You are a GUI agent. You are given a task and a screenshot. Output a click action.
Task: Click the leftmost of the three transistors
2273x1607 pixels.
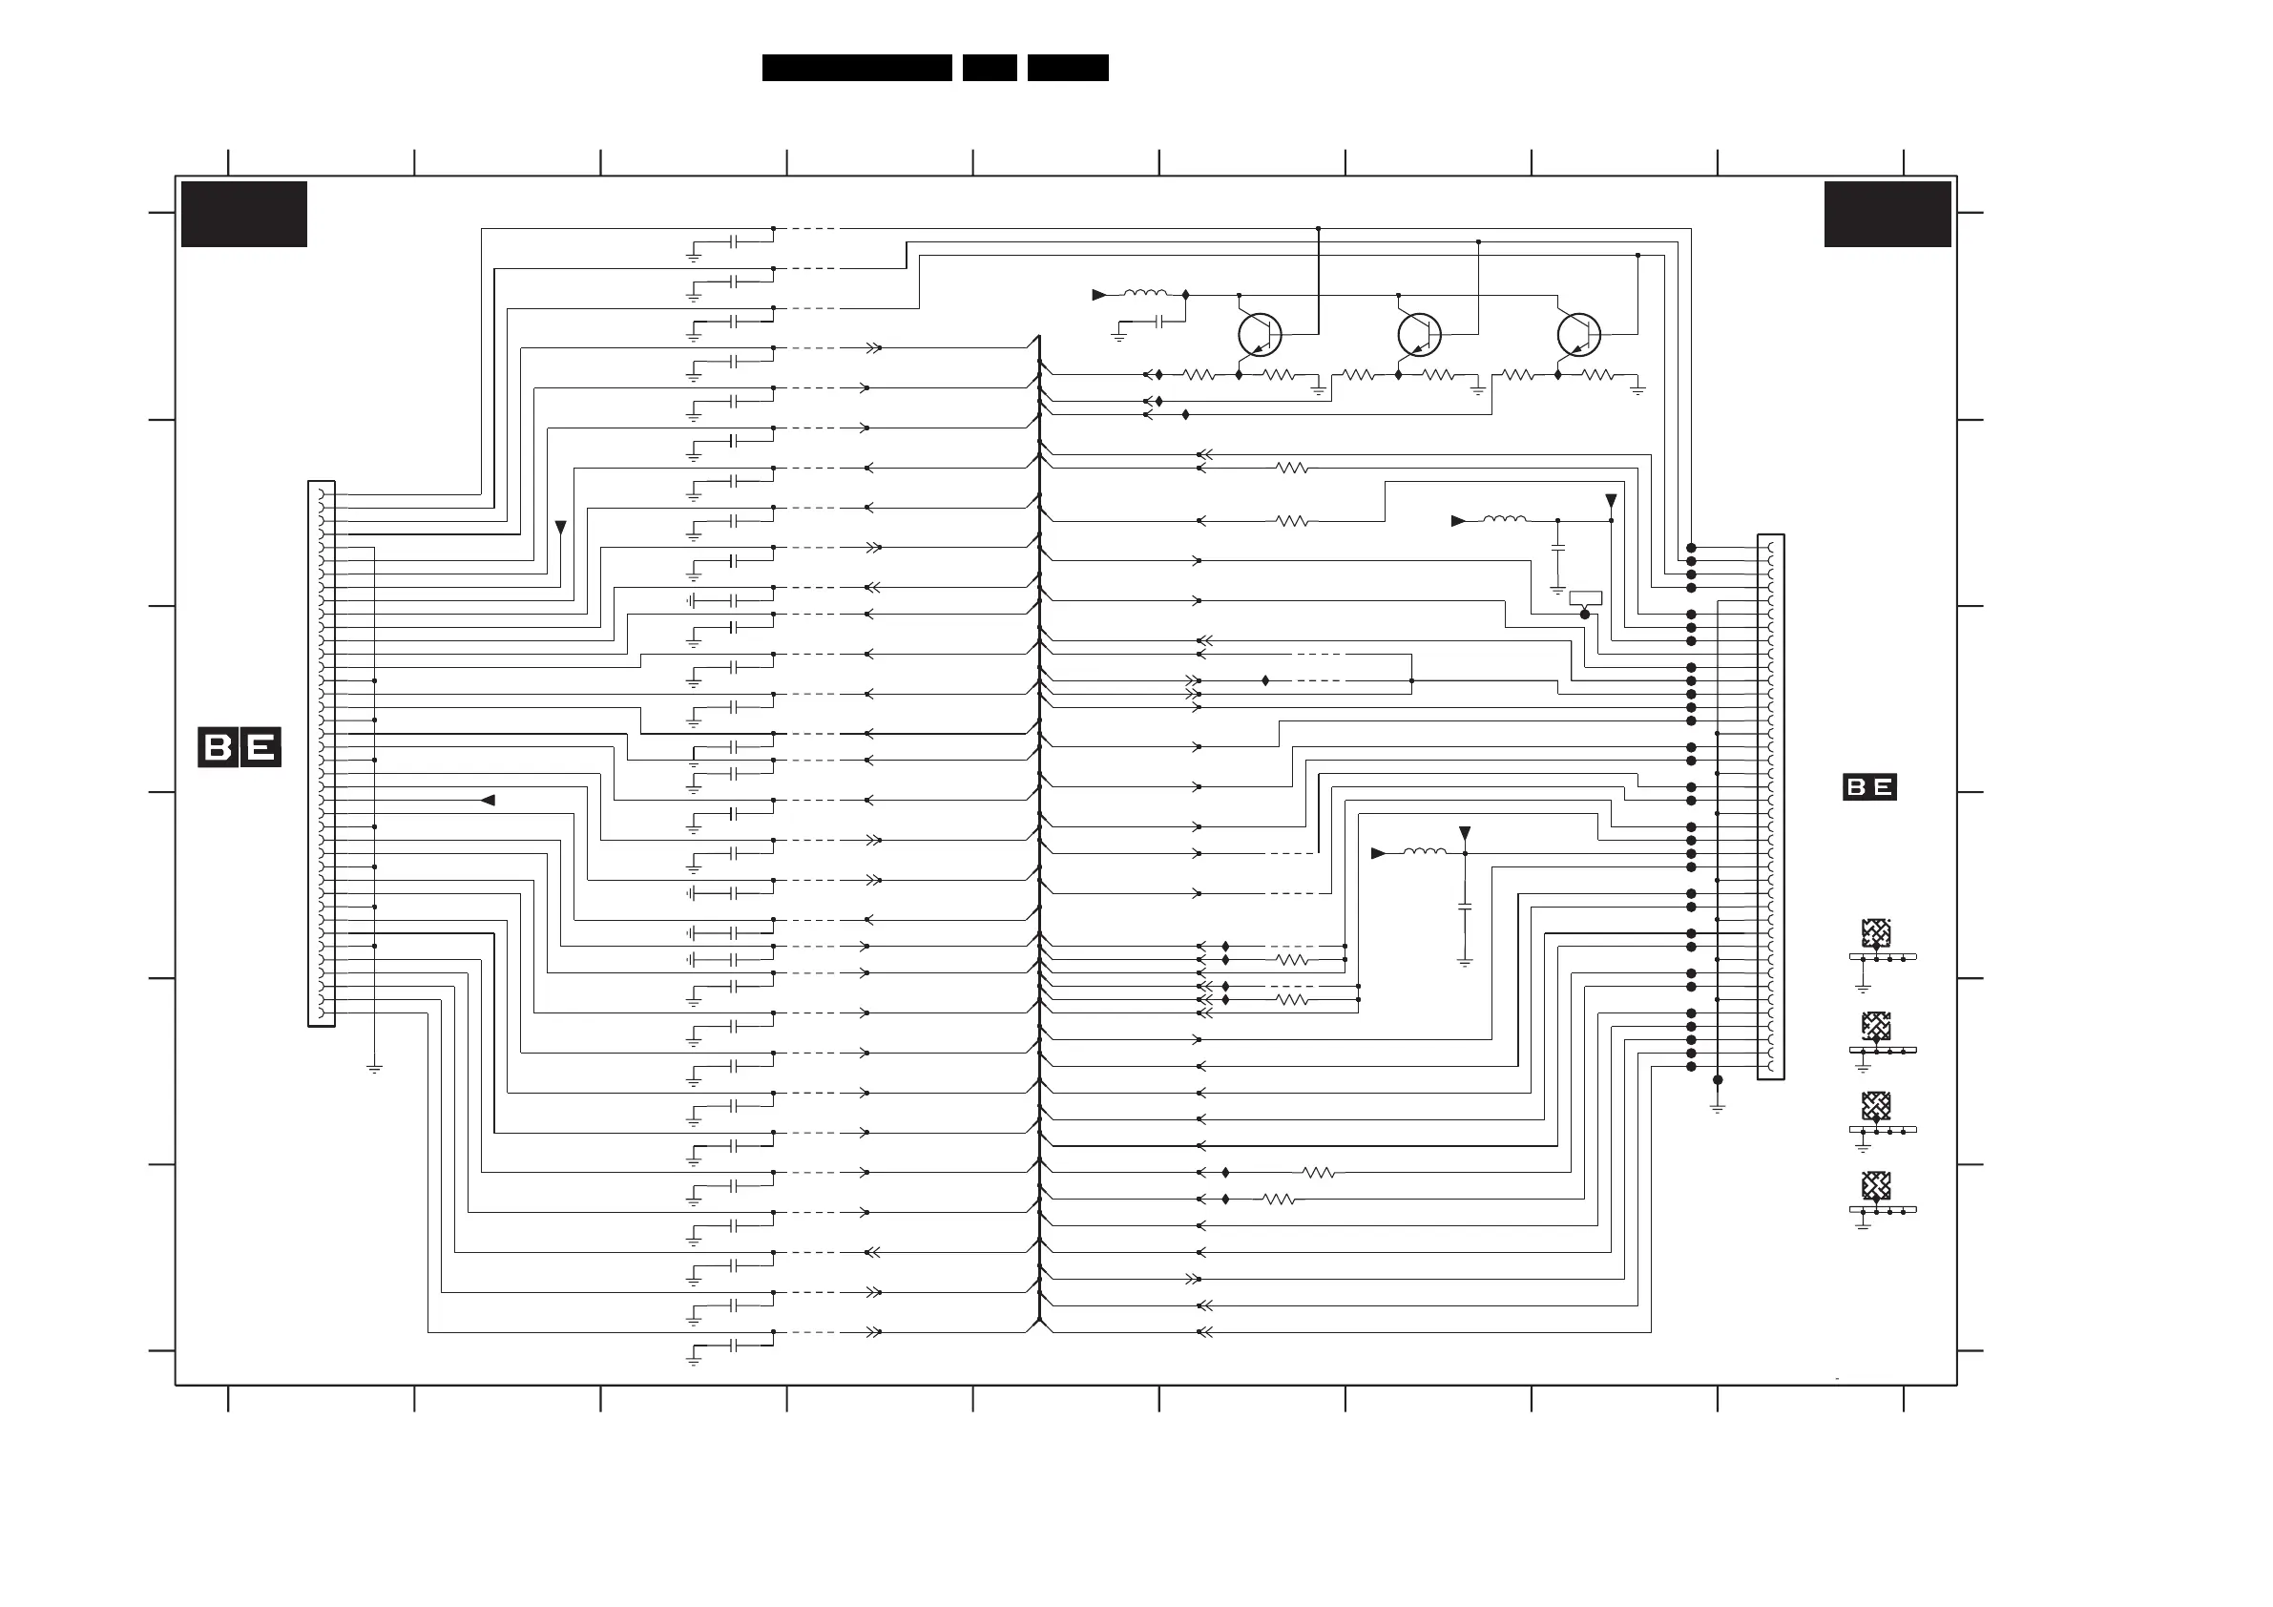(1260, 335)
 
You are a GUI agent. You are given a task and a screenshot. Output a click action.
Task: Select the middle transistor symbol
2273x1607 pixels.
(1419, 335)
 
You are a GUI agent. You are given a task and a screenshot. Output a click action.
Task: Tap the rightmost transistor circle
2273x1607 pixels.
(1578, 335)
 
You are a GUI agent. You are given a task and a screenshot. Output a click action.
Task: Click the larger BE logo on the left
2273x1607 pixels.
(240, 746)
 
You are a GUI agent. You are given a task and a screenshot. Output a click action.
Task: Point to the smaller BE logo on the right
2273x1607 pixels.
(1869, 787)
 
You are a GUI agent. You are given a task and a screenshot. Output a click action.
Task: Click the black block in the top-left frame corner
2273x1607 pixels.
(243, 214)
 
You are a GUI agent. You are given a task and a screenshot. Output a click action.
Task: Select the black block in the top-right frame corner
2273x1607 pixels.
(1887, 214)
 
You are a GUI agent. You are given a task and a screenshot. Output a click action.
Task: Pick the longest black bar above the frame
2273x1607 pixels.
(856, 68)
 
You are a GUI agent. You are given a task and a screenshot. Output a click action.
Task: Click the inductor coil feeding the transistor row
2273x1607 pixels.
(1145, 294)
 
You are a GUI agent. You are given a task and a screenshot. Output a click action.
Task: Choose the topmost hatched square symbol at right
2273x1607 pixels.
(1876, 931)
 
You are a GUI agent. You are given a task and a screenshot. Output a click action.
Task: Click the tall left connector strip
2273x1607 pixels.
(322, 754)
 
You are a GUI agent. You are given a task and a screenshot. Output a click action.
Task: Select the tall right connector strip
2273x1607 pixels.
(1770, 807)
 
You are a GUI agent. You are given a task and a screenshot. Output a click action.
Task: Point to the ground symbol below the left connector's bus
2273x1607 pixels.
(374, 1070)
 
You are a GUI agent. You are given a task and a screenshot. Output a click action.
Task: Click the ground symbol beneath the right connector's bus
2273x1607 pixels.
(1718, 1109)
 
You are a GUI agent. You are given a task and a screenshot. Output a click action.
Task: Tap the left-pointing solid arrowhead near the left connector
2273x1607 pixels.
(488, 800)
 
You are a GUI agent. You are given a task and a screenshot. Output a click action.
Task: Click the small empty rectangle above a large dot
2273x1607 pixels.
(1586, 598)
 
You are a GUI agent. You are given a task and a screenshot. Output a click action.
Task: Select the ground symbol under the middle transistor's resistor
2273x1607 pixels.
(1478, 391)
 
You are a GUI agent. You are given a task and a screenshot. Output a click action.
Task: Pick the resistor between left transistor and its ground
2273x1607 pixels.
(1279, 375)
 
